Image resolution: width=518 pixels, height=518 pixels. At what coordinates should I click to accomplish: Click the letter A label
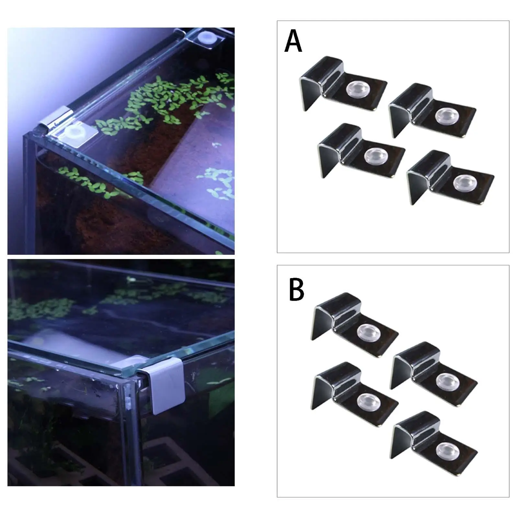click(x=293, y=41)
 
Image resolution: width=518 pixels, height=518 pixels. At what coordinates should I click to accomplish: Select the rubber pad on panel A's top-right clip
click(x=443, y=116)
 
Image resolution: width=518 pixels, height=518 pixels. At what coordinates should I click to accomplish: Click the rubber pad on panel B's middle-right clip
click(x=444, y=380)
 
